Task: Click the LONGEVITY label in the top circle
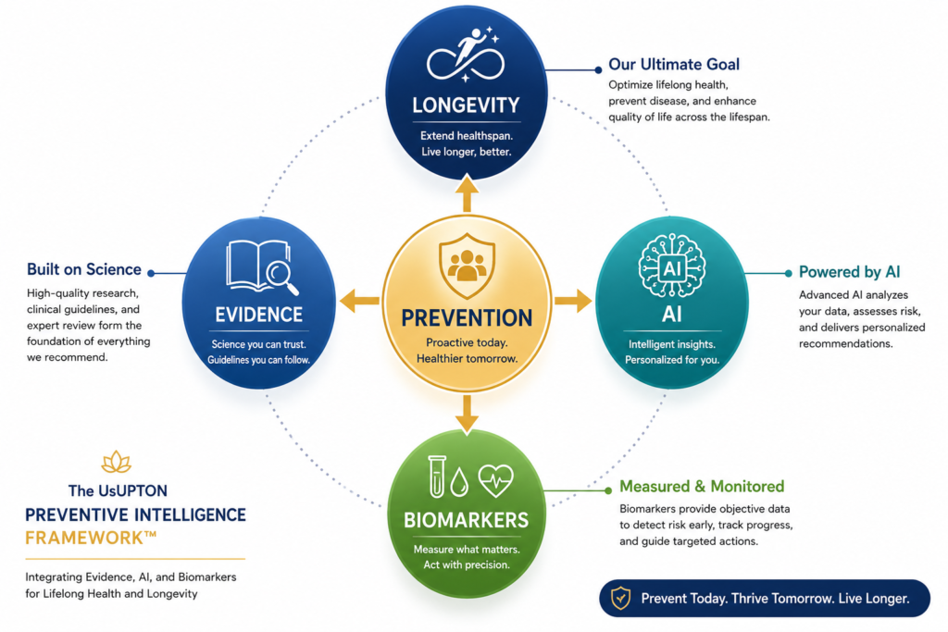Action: pyautogui.click(x=466, y=105)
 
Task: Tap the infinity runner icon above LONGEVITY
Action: pyautogui.click(x=465, y=55)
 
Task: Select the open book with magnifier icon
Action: pyautogui.click(x=262, y=267)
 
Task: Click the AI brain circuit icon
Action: pyautogui.click(x=672, y=266)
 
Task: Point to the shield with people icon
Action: pyautogui.click(x=467, y=266)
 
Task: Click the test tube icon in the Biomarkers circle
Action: pyautogui.click(x=437, y=477)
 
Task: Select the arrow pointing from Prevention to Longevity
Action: pyautogui.click(x=467, y=192)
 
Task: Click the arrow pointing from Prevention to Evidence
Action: pyautogui.click(x=359, y=301)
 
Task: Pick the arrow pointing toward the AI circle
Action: pyautogui.click(x=572, y=301)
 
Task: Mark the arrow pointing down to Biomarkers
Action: pyautogui.click(x=467, y=415)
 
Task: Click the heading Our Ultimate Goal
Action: pyautogui.click(x=674, y=64)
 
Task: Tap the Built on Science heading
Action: pyautogui.click(x=84, y=269)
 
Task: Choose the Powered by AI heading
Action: pyautogui.click(x=850, y=272)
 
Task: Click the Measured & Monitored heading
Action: pyautogui.click(x=702, y=487)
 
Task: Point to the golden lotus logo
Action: pyautogui.click(x=117, y=463)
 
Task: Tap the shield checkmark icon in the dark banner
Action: pyautogui.click(x=621, y=598)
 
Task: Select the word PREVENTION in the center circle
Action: pyautogui.click(x=467, y=317)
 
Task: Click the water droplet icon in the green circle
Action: pyautogui.click(x=459, y=482)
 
